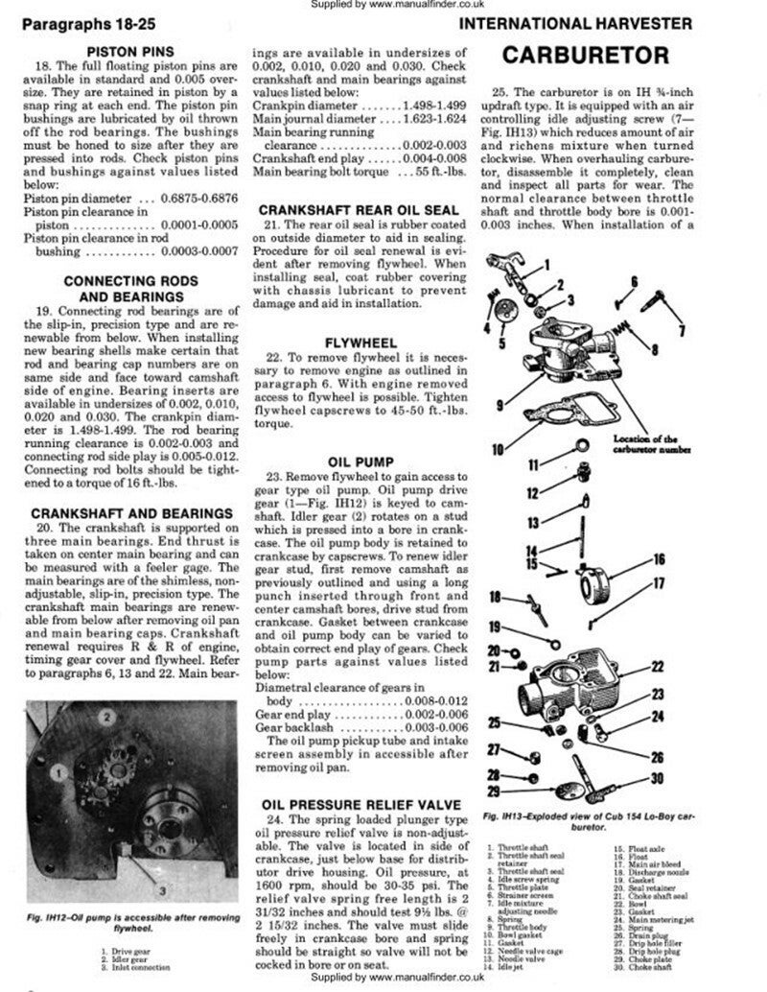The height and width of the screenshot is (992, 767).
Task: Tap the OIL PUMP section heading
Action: tap(355, 460)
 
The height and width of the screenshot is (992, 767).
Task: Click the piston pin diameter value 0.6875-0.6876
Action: tap(201, 197)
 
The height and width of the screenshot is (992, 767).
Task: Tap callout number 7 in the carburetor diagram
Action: tap(682, 330)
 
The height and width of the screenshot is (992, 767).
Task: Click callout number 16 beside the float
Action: tap(660, 559)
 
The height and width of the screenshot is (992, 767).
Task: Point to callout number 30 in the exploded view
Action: tap(658, 778)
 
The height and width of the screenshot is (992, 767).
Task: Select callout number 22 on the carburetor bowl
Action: tap(657, 666)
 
